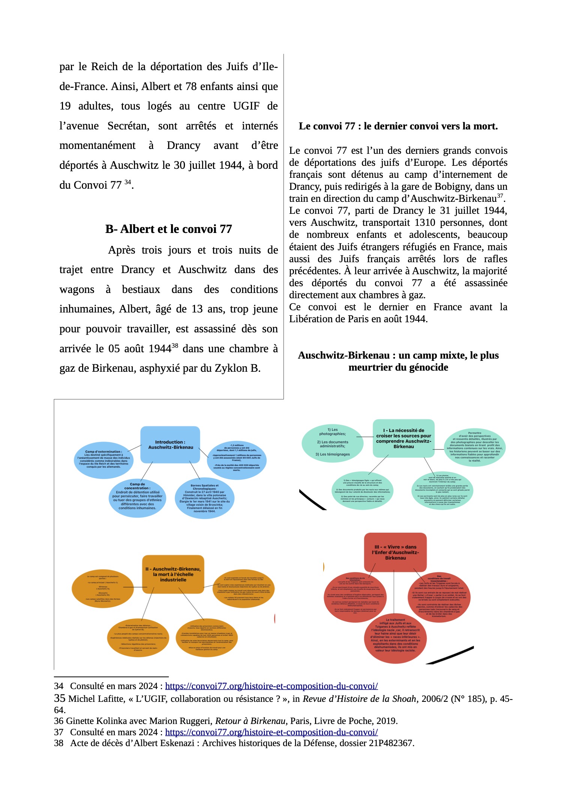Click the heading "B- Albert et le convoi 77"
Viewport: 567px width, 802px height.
[x=168, y=229]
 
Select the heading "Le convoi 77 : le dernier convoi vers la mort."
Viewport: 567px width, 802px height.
[x=398, y=126]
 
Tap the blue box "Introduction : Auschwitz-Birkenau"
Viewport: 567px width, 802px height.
[x=170, y=445]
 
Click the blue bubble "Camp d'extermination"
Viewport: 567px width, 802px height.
[x=103, y=460]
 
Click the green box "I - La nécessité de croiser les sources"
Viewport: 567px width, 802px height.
[x=403, y=439]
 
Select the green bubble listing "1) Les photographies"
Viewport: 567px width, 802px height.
[x=333, y=443]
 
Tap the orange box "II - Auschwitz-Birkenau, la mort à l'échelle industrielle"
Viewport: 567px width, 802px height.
[x=173, y=574]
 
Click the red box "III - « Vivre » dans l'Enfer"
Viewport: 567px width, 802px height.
[x=395, y=552]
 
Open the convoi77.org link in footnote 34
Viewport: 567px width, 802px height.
[x=271, y=686]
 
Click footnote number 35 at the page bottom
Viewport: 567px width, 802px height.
[x=60, y=698]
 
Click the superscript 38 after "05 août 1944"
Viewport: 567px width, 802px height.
[x=175, y=345]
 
